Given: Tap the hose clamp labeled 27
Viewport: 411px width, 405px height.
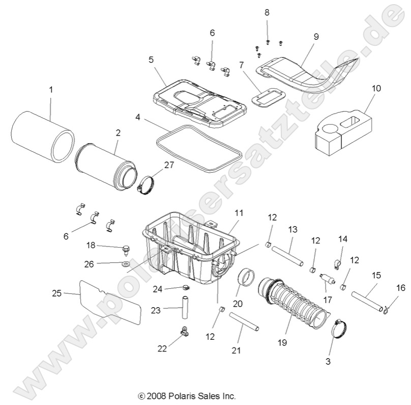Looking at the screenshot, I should (x=146, y=182).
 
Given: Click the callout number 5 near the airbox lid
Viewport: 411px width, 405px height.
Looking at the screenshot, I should (x=151, y=59).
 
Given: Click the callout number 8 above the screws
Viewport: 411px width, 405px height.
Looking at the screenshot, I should (x=267, y=12).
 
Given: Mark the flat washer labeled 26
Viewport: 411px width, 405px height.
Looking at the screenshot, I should (x=125, y=265).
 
